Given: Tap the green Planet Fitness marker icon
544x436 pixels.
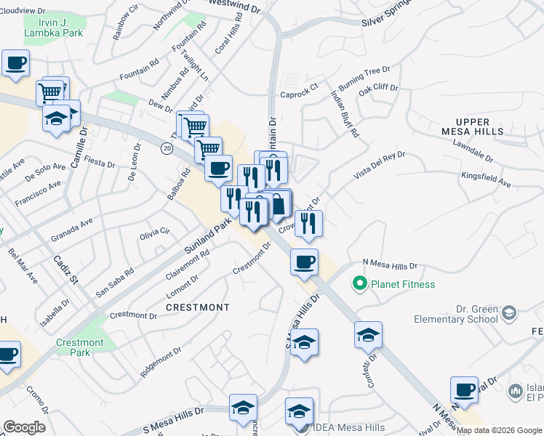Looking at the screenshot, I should (358, 283).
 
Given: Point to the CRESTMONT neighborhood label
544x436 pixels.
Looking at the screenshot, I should (198, 307).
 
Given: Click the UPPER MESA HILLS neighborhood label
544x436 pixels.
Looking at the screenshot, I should (473, 126).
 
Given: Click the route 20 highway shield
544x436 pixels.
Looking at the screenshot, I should (167, 148).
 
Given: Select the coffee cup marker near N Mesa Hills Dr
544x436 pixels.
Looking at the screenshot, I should (305, 261).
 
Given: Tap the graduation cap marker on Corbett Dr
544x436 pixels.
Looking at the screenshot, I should (368, 335).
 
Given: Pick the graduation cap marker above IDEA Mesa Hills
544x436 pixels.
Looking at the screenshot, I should (299, 411).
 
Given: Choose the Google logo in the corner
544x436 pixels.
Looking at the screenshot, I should (24, 427).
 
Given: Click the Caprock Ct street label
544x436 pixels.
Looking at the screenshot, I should (299, 94).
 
